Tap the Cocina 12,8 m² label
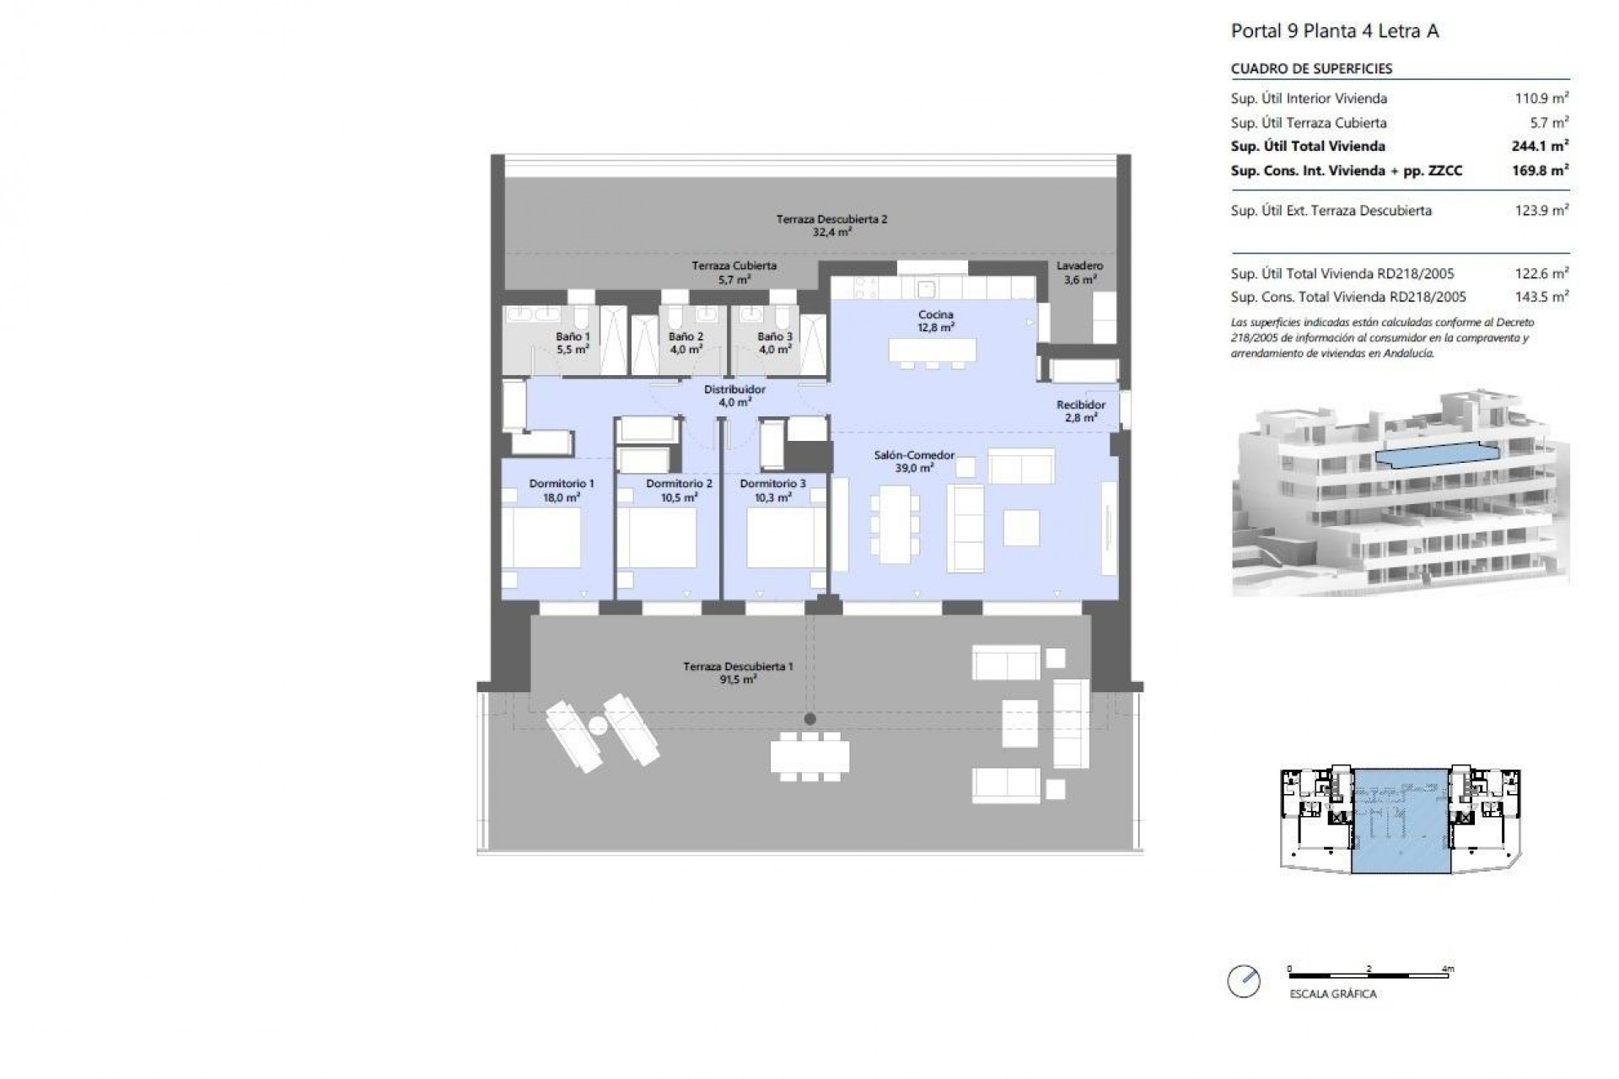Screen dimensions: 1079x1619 tap(936, 321)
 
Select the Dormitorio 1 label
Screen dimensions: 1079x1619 tap(562, 490)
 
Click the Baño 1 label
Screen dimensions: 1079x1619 tap(573, 342)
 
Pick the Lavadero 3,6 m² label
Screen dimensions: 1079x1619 tap(1079, 272)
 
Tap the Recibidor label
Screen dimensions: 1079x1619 tap(1080, 411)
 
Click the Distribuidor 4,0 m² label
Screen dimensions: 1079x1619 tap(734, 395)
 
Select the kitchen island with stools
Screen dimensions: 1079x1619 tap(932, 351)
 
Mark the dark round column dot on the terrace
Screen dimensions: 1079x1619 tap(809, 719)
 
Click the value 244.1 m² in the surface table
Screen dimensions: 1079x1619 tap(1539, 146)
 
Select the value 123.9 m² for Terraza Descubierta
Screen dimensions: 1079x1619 tap(1541, 211)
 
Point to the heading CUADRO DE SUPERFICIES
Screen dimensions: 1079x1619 tap(1311, 69)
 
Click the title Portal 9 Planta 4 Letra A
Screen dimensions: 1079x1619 tap(1334, 32)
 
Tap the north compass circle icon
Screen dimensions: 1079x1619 tap(1244, 981)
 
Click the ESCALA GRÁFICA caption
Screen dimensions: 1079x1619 tap(1332, 994)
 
